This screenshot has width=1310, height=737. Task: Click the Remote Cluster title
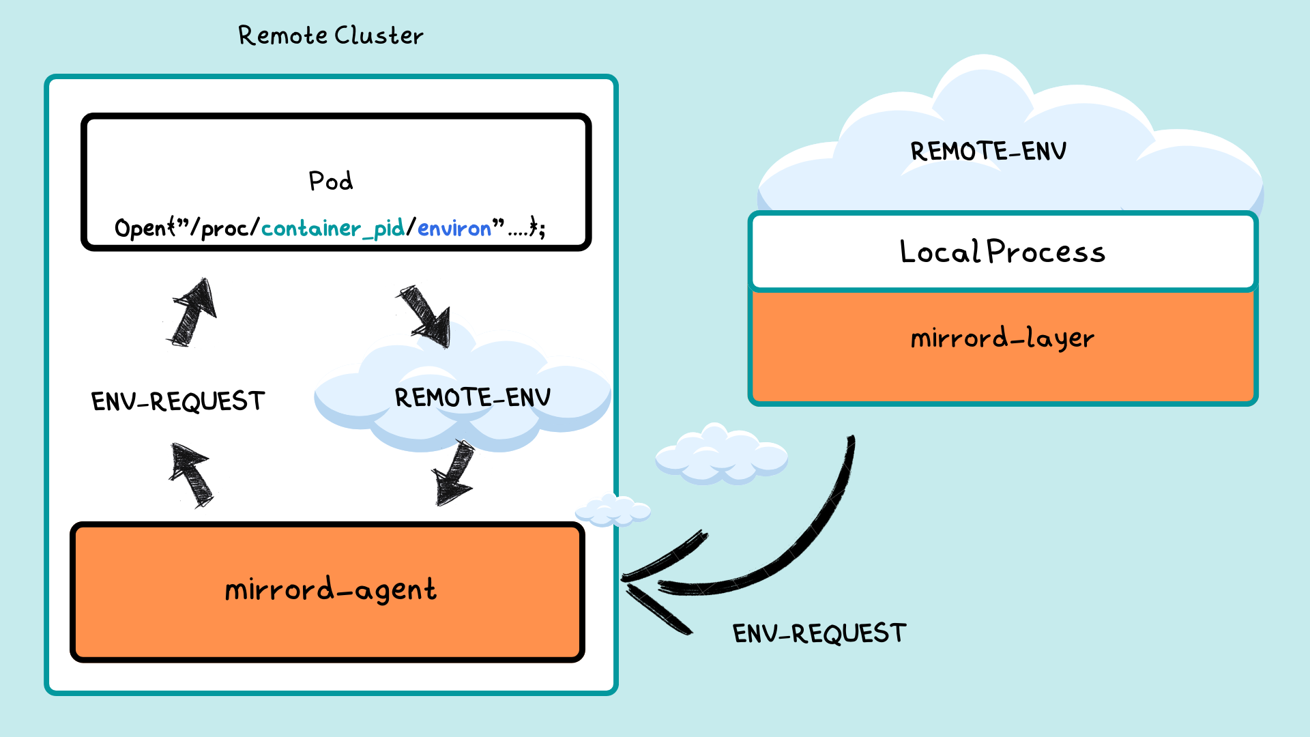(330, 35)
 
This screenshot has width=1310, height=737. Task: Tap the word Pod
(331, 181)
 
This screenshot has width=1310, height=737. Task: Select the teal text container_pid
(333, 228)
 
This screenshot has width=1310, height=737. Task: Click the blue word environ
(454, 228)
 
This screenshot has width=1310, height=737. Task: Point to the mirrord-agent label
(330, 590)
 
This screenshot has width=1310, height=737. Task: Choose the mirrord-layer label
(1002, 338)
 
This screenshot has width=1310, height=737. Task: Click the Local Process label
(1002, 252)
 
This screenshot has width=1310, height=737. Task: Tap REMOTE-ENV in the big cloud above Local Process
(988, 151)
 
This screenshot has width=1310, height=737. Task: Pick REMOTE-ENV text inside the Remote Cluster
(472, 397)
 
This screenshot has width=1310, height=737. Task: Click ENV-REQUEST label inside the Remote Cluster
(177, 401)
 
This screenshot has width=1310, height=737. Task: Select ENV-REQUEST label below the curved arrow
(819, 633)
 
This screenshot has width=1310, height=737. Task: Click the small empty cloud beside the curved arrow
(721, 454)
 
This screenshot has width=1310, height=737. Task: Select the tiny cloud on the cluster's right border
(613, 510)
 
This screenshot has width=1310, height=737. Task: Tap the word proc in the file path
(224, 228)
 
